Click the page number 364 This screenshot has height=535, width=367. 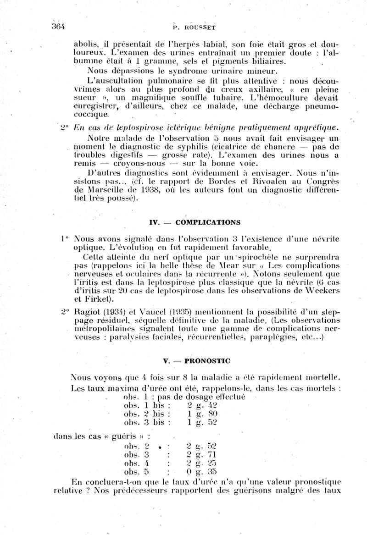pos(59,26)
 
